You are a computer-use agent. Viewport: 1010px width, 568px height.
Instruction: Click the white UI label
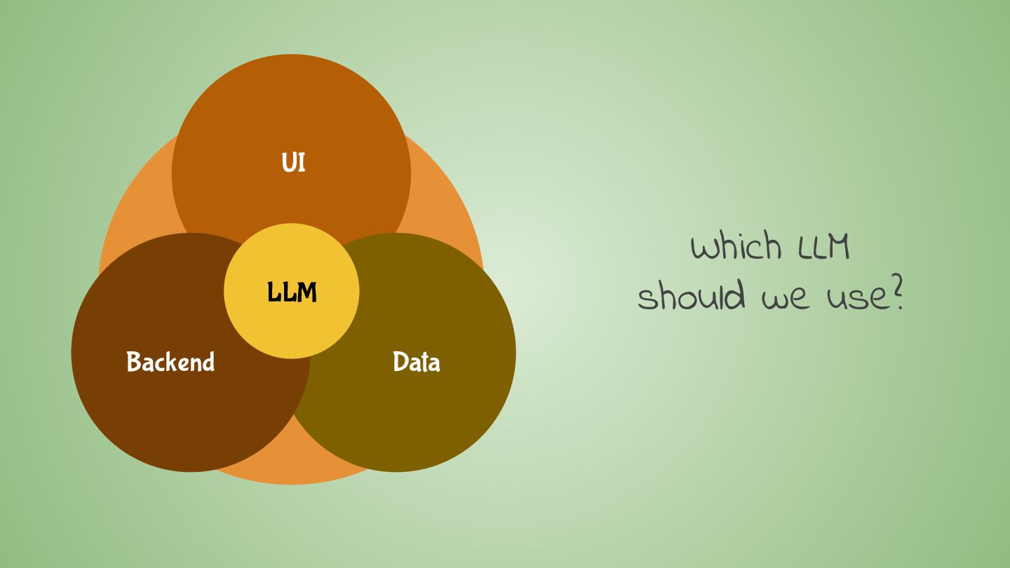[x=293, y=163]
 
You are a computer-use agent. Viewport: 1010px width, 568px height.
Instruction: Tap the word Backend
[x=170, y=362]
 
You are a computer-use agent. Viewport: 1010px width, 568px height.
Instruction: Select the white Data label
[x=416, y=362]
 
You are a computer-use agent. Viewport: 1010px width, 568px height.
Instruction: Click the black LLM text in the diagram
[x=292, y=292]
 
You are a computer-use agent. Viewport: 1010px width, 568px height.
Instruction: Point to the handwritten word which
[x=736, y=247]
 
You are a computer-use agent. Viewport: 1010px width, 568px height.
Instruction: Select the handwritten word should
[x=691, y=295]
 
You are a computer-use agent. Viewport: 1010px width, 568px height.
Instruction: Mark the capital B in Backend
[x=134, y=362]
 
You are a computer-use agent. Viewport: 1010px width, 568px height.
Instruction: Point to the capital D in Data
[x=400, y=362]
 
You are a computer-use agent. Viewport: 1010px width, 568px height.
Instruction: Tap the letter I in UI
[x=302, y=163]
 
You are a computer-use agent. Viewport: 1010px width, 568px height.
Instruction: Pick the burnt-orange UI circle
[x=291, y=105]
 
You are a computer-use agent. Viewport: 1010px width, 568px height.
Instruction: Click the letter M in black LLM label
[x=307, y=292]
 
